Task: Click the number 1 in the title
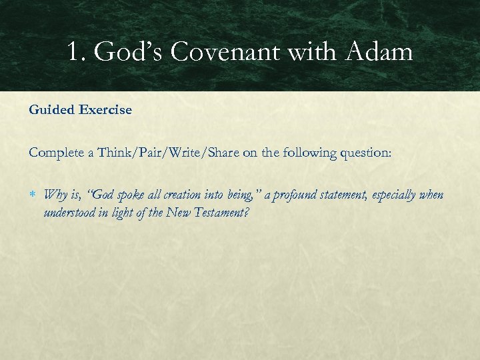coord(73,51)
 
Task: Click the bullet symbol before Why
coord(33,195)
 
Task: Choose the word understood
coord(69,213)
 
